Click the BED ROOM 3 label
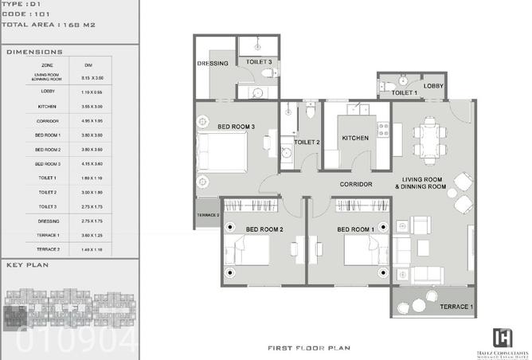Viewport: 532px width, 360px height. coord(236,127)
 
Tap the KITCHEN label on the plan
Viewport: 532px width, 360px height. coord(355,138)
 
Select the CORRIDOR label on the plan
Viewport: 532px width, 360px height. coord(356,185)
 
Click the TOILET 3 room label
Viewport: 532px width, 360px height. coord(259,61)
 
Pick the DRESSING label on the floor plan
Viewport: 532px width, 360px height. coord(213,64)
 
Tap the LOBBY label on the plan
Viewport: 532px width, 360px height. coord(434,86)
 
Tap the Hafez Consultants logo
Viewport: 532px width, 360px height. coord(503,338)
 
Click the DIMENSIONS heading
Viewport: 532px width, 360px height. coord(29,52)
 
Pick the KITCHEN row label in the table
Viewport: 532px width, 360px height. coord(48,106)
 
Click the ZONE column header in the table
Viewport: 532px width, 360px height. coord(48,64)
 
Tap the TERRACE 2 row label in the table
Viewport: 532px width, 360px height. coord(48,249)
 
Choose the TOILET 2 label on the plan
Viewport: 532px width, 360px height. coord(307,143)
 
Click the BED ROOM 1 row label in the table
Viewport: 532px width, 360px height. coord(48,135)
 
